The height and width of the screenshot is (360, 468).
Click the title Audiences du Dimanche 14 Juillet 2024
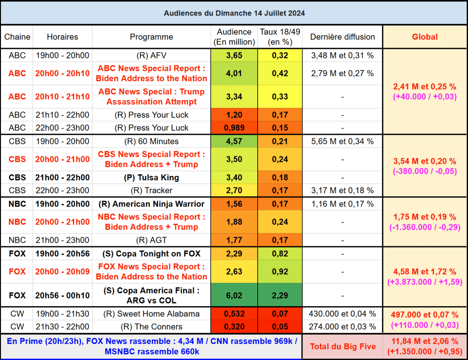click(x=234, y=13)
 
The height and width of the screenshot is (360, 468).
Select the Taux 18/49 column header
click(x=280, y=37)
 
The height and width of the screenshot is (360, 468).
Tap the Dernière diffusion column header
click(x=342, y=37)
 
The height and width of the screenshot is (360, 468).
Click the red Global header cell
click(x=425, y=37)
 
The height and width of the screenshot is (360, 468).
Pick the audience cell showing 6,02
click(x=234, y=296)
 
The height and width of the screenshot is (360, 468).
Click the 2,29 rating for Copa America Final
click(x=280, y=296)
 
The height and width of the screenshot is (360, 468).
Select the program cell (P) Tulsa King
click(x=151, y=178)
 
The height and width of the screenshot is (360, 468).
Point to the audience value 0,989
click(x=234, y=128)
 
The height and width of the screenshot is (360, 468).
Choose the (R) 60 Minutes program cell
click(x=151, y=142)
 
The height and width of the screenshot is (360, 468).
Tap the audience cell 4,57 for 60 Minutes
click(x=234, y=142)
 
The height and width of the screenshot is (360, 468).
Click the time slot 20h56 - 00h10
click(x=63, y=296)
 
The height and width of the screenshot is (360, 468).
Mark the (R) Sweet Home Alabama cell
click(x=151, y=314)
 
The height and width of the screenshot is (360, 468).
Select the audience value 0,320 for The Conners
click(x=234, y=327)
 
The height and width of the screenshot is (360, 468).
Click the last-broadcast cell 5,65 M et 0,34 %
click(x=342, y=142)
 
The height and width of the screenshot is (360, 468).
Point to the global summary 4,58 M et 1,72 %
click(x=425, y=272)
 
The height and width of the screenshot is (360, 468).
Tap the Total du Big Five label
click(x=343, y=347)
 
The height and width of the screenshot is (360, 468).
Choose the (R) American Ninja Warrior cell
click(x=151, y=204)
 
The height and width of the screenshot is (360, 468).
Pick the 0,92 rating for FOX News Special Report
click(x=280, y=272)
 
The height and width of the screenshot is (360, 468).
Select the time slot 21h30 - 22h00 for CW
click(x=63, y=327)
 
